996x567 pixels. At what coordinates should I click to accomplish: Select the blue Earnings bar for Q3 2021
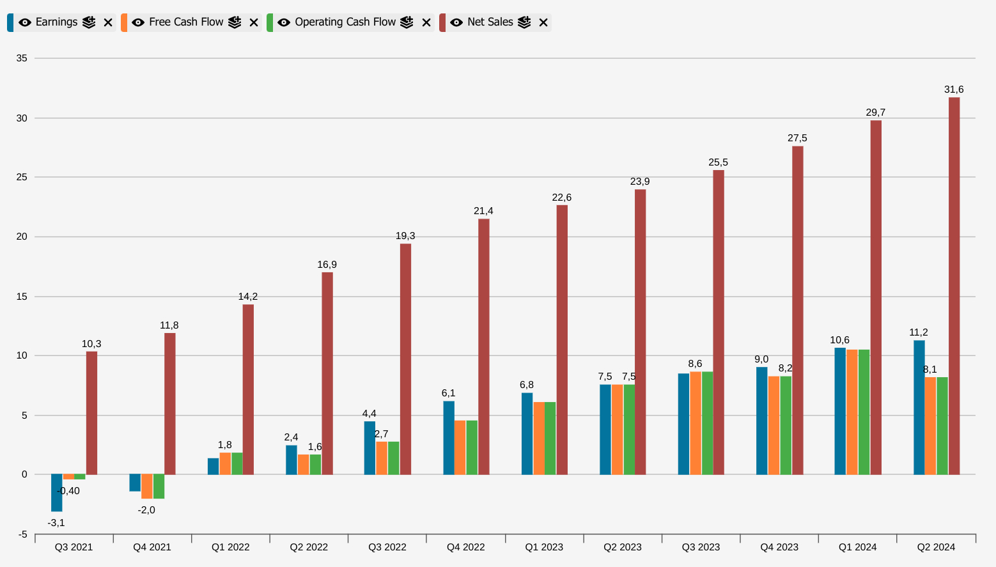point(57,493)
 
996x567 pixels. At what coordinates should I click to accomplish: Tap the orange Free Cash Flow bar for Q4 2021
point(147,486)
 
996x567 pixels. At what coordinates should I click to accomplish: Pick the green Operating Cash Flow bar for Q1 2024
point(864,412)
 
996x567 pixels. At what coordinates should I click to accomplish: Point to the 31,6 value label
point(954,89)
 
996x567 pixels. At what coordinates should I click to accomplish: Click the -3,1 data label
point(56,523)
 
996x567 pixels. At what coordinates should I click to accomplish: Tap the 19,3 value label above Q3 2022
point(405,236)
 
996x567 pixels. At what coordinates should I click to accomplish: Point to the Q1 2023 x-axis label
point(544,547)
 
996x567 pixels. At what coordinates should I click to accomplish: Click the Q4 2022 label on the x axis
point(465,547)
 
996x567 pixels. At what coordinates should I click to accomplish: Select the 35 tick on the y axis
point(22,58)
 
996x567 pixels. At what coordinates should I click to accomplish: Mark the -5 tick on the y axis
point(22,534)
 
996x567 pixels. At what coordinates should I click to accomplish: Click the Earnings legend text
point(56,22)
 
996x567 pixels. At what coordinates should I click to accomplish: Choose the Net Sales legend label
point(490,22)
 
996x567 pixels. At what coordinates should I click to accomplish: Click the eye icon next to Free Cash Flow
point(138,22)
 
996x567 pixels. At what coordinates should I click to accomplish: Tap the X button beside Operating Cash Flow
point(426,22)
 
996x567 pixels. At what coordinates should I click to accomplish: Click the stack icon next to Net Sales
point(524,22)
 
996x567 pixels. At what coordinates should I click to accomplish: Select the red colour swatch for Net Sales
point(442,22)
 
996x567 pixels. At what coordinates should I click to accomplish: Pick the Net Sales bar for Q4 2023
point(797,310)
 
